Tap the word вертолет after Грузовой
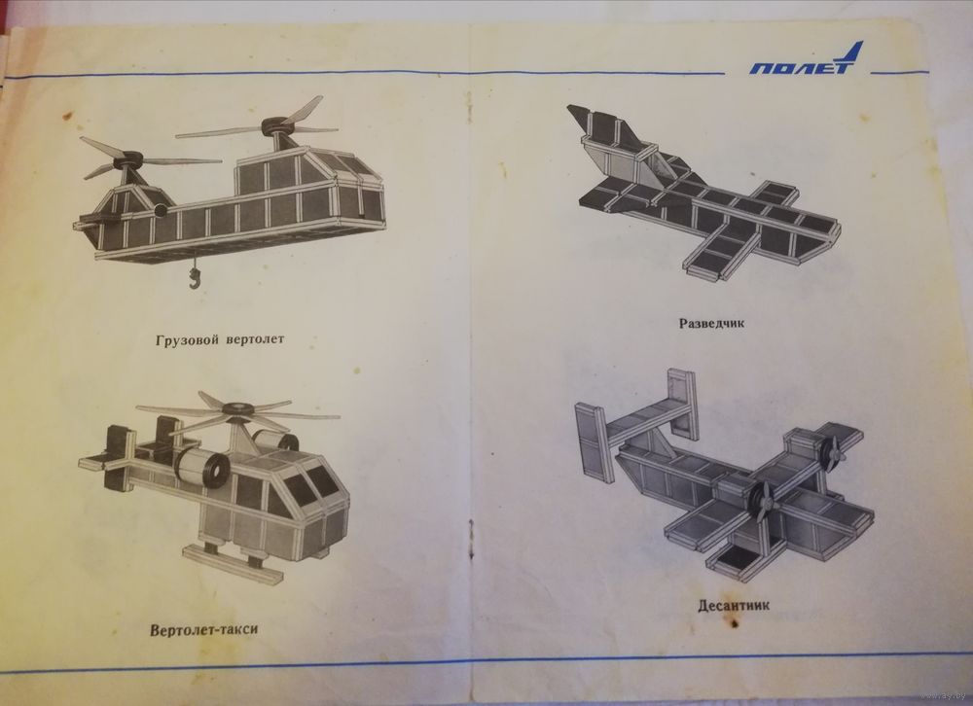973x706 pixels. (x=255, y=339)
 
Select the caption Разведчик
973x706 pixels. (x=711, y=323)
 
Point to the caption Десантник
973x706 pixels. (x=734, y=605)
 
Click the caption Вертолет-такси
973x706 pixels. (x=203, y=630)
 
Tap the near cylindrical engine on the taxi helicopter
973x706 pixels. (x=200, y=467)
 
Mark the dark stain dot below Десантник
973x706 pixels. (x=735, y=623)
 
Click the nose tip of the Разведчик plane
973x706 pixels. (x=839, y=230)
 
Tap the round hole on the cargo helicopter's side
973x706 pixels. (x=161, y=211)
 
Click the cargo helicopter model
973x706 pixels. (x=230, y=186)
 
